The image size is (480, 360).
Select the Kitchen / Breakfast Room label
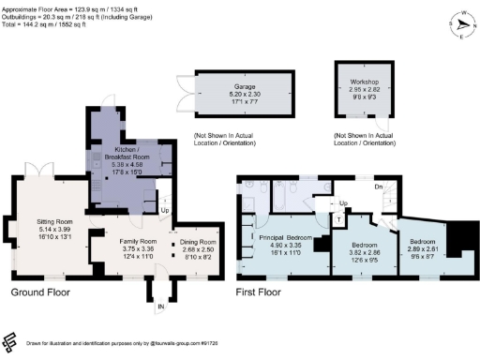pos(127,149)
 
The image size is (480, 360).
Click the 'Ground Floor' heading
pos(38,292)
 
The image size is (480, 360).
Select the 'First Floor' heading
pos(259,292)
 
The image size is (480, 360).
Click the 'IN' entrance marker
pos(159,306)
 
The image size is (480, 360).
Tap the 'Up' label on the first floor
pos(344,202)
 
